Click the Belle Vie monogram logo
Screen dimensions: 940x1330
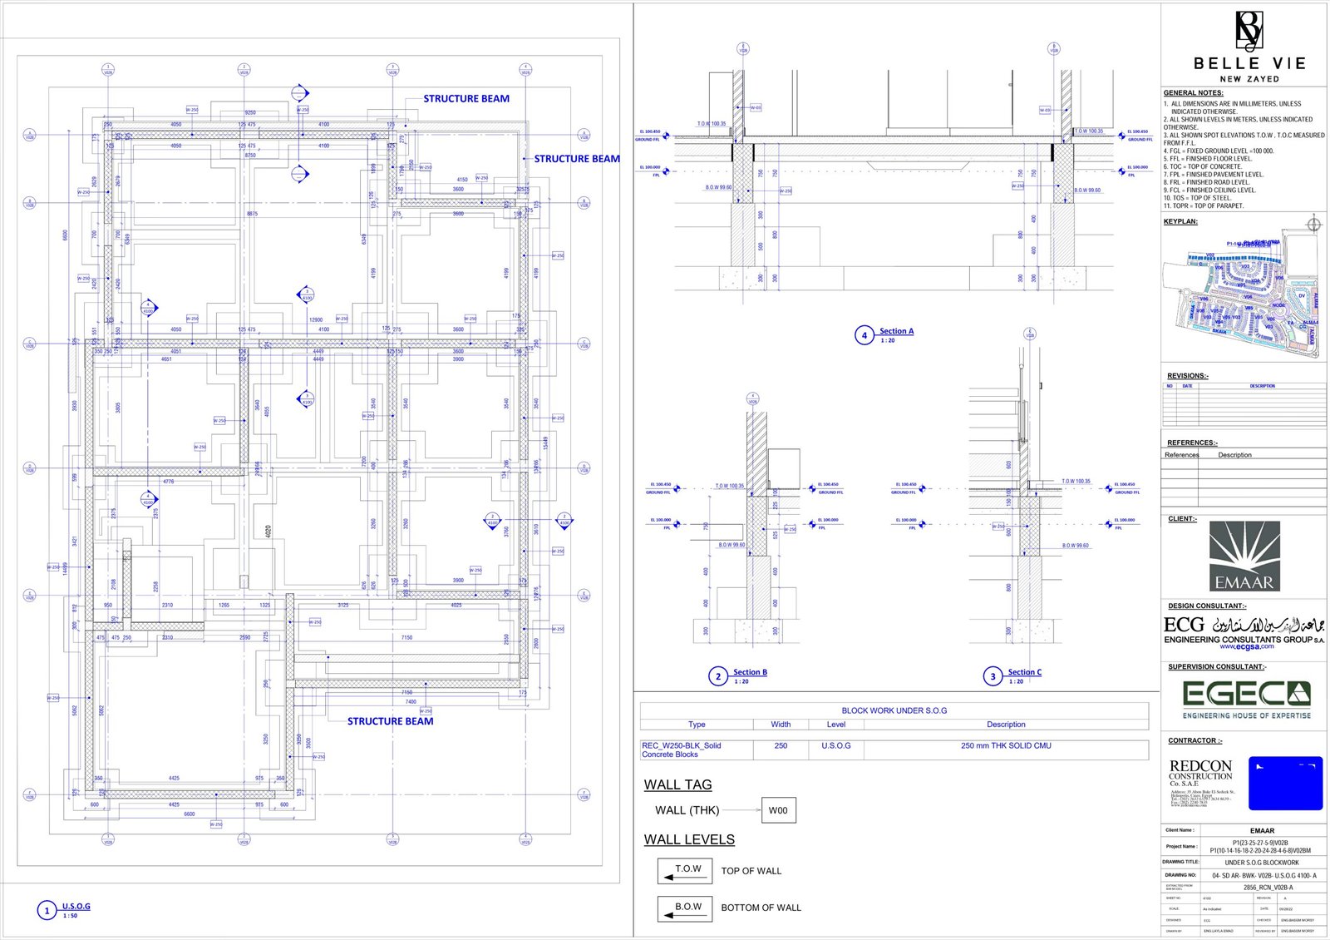[x=1249, y=32]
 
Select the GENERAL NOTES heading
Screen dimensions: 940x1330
[x=1193, y=93]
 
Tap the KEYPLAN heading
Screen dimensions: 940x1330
[x=1180, y=222]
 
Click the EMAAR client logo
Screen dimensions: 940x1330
[x=1244, y=557]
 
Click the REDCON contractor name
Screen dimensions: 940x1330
[x=1200, y=766]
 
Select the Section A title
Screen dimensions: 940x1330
[x=896, y=331]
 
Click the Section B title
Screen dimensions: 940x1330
[x=750, y=672]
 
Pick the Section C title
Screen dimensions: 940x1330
[x=1024, y=672]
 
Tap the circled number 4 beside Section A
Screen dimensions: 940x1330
[x=864, y=335]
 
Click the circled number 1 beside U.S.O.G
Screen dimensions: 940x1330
[x=47, y=911]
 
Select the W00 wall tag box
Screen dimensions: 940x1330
[x=778, y=810]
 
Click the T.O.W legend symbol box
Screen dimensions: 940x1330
[x=684, y=871]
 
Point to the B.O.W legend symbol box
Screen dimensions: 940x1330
[x=684, y=908]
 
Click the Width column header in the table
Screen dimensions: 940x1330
[x=781, y=725]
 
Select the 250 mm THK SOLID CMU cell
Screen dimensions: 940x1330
[x=1006, y=746]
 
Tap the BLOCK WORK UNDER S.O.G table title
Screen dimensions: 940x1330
[x=894, y=710]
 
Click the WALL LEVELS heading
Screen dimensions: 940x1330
[x=689, y=840]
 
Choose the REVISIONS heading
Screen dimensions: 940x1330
[x=1187, y=376]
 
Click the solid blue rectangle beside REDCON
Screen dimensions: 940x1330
[x=1285, y=784]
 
